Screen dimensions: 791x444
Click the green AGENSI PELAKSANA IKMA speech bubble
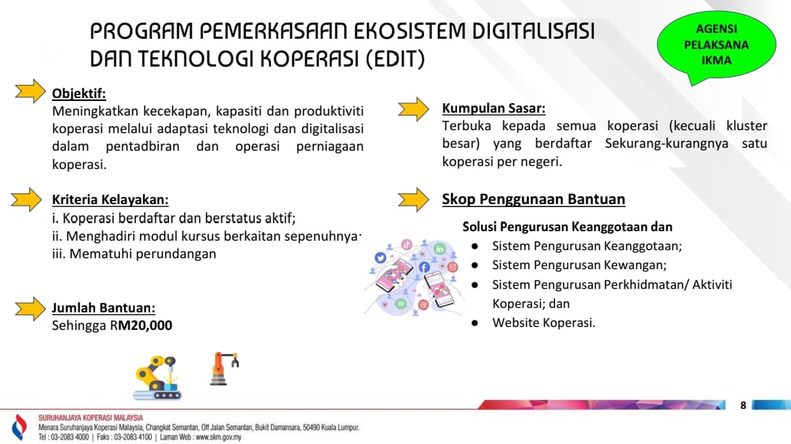(716, 45)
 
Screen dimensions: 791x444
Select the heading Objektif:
(78, 93)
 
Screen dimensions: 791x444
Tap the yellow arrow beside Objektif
(30, 91)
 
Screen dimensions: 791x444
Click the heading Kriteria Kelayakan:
(110, 200)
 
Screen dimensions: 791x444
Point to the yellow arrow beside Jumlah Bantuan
(30, 309)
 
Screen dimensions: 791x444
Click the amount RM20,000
(141, 326)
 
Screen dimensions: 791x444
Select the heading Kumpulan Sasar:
(494, 108)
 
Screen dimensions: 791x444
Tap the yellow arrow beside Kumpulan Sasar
(414, 109)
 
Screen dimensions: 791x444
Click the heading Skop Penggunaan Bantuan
(533, 199)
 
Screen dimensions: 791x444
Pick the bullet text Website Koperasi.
(543, 323)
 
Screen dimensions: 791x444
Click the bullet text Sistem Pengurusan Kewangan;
(579, 265)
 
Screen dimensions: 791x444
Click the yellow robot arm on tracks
(157, 377)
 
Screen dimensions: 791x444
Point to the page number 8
(743, 405)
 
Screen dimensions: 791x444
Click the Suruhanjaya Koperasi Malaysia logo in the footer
(19, 427)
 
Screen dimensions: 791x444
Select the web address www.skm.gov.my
(218, 437)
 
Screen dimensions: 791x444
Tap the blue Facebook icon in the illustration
(424, 267)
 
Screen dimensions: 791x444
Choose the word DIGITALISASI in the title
(533, 31)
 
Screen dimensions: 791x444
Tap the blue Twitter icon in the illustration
(380, 258)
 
